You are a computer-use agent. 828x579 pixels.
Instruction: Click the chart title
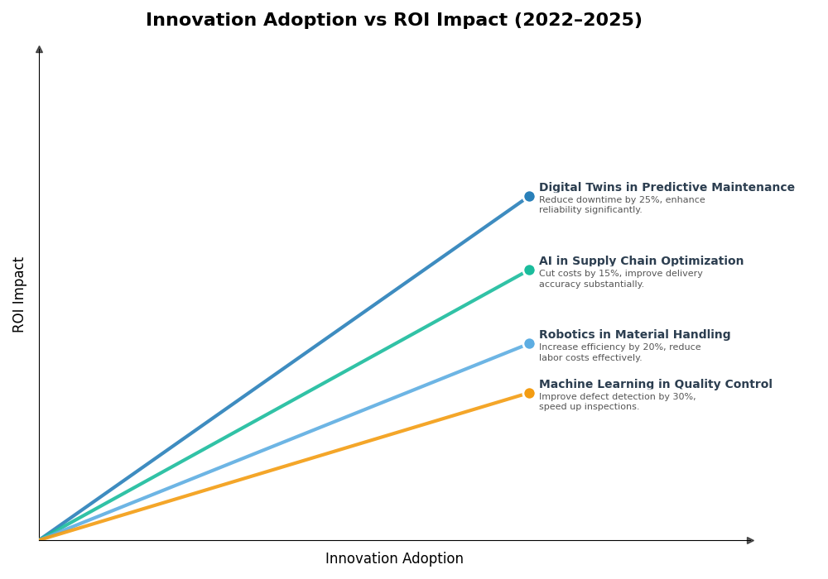393,21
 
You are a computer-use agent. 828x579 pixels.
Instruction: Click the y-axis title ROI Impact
19,294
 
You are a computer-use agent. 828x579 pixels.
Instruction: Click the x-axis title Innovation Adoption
394,559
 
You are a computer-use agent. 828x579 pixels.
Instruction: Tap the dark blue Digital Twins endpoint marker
529,197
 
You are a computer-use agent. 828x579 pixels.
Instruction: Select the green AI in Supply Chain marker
529,270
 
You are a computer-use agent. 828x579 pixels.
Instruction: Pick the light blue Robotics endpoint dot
529,344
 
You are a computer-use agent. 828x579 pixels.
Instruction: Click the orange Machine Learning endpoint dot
529,394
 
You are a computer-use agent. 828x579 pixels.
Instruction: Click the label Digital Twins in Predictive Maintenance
667,188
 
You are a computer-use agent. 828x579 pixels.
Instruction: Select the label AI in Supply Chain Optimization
641,261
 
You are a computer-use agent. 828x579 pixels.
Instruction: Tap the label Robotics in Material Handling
634,335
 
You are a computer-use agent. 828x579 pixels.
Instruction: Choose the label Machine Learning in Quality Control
655,385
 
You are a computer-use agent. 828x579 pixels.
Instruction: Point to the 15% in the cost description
617,274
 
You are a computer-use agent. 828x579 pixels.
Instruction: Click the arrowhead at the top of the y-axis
39,50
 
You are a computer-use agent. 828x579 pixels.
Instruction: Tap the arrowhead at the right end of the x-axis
750,541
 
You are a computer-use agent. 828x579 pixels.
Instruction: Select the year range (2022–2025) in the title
578,21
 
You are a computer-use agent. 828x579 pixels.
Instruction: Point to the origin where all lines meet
40,540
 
